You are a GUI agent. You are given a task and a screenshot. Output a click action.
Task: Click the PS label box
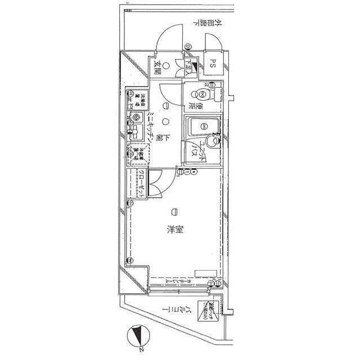(x=214, y=64)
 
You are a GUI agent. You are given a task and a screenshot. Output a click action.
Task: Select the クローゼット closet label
(x=142, y=184)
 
